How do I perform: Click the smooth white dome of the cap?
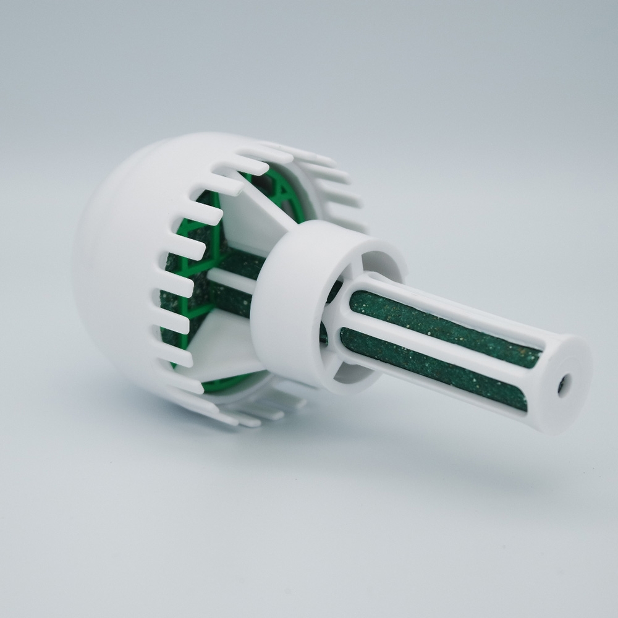coord(117,247)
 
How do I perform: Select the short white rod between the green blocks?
coord(229,281)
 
